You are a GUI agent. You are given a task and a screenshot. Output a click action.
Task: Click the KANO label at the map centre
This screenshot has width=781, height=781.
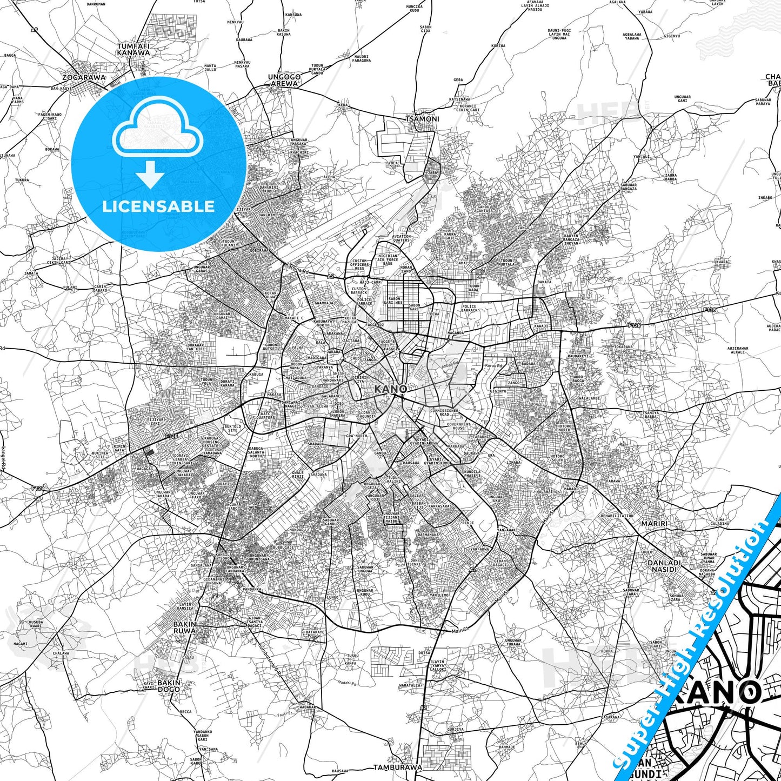coord(391,389)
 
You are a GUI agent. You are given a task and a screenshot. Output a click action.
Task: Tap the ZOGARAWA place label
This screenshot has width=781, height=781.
coord(84,77)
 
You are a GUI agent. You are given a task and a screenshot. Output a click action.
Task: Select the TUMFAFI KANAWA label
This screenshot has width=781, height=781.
coord(133,50)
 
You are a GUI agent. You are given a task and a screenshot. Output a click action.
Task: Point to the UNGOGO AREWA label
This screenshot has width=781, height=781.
coord(284,81)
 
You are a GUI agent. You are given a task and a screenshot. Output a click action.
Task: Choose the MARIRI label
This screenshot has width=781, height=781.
coord(654,524)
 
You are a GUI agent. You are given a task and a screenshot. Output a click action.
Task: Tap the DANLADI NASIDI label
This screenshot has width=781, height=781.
coord(664,566)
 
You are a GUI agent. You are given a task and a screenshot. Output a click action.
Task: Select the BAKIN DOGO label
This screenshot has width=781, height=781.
coord(169,686)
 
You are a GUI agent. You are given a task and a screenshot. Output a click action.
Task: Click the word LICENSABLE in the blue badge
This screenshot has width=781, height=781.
coord(158,206)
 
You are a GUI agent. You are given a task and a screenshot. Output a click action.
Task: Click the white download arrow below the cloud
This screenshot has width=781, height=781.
coord(151,176)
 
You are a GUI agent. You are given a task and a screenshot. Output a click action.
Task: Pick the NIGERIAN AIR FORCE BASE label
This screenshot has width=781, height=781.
coord(388,259)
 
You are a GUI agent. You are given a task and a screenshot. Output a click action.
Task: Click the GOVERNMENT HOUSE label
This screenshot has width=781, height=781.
coord(459,426)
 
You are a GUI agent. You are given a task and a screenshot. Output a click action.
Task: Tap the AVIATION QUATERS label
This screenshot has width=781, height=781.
coord(401,238)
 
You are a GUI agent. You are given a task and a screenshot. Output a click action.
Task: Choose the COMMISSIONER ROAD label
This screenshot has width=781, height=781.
coord(444,412)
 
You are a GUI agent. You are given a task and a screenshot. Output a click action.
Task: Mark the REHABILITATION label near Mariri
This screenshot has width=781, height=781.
coord(617,516)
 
